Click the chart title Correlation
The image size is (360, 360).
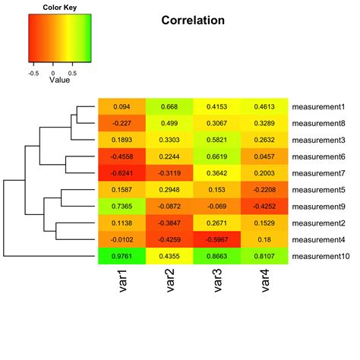(x=193, y=21)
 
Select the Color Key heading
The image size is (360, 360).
(x=52, y=8)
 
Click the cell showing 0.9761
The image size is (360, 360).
(x=122, y=257)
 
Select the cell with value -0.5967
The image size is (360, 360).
(x=217, y=240)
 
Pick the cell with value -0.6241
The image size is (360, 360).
(x=122, y=173)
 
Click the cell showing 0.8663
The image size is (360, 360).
(x=217, y=257)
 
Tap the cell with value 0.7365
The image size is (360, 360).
(x=122, y=207)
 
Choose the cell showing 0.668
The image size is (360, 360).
(x=169, y=106)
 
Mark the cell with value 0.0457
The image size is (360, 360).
(x=265, y=156)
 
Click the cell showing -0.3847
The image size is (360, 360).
(x=169, y=223)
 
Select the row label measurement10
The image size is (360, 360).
(x=321, y=257)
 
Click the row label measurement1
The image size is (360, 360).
(x=318, y=106)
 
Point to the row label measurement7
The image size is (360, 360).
(x=318, y=173)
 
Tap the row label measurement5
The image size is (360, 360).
(x=318, y=190)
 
